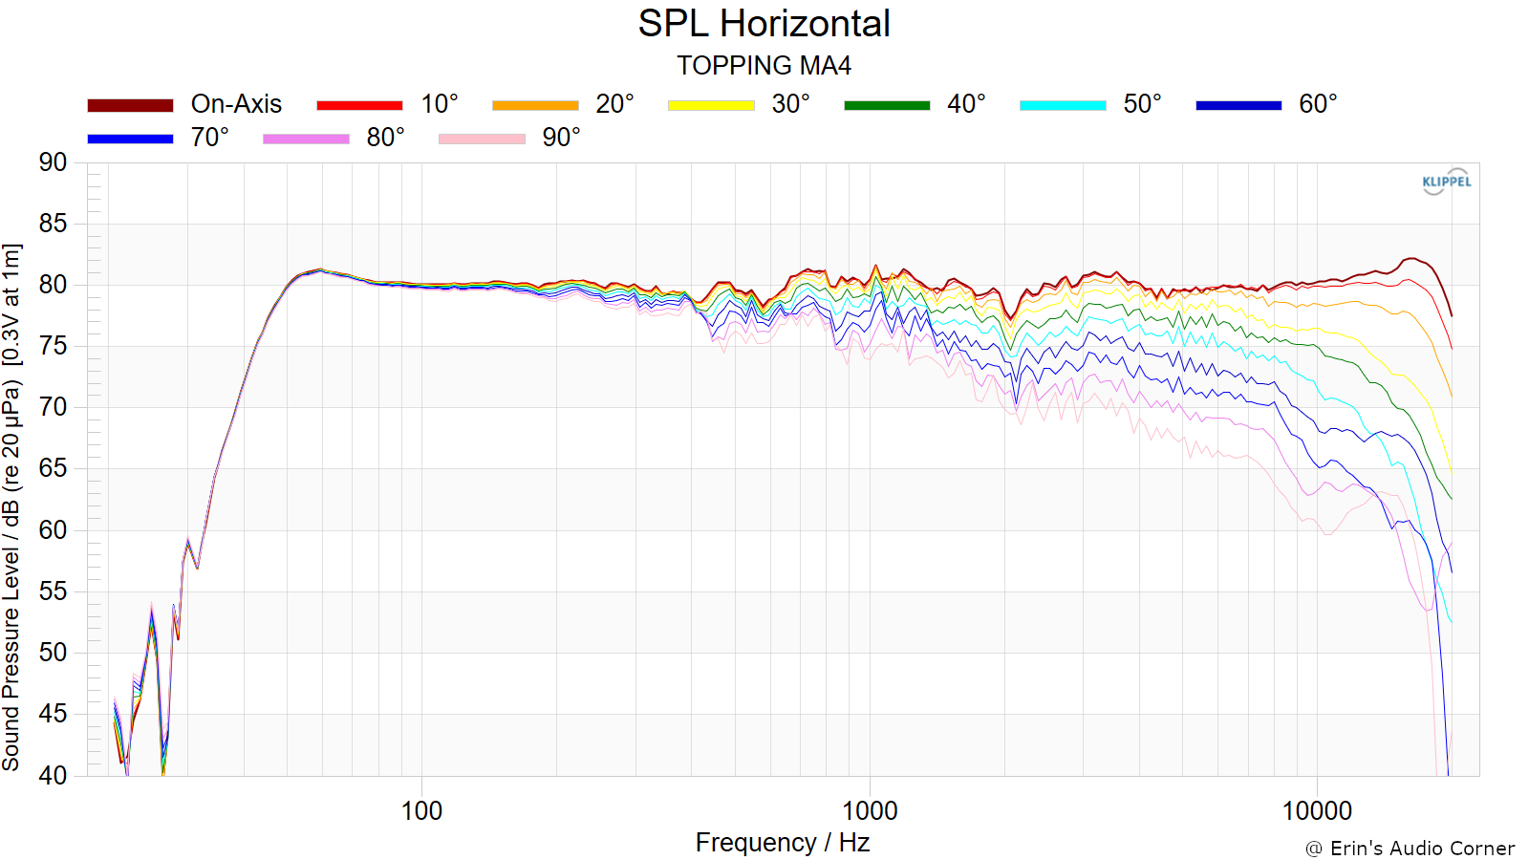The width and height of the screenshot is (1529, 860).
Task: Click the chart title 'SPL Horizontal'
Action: pos(764,25)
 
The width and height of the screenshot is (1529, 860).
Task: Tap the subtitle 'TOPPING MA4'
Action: pos(764,66)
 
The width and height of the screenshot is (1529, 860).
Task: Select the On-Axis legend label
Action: pos(236,104)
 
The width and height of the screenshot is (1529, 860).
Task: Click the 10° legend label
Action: pos(439,104)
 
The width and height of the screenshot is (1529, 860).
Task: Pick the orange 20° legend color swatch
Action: pos(535,105)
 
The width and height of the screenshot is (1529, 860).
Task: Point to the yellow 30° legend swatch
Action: pos(711,105)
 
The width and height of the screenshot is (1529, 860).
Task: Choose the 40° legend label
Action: pos(966,104)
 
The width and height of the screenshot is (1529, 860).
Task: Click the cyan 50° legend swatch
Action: pos(1063,105)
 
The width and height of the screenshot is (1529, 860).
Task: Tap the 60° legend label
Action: pos(1318,104)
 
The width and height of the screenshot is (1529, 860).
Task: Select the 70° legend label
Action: pos(209,138)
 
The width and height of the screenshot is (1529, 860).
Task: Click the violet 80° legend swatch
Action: pos(306,139)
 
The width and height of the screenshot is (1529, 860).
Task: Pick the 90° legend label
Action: pos(561,138)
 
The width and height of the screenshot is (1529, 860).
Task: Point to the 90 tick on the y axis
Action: pos(53,162)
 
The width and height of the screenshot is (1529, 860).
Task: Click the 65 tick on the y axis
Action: pos(53,469)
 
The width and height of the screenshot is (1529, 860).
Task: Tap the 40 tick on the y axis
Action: pos(53,775)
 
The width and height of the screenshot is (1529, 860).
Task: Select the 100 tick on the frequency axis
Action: pos(421,811)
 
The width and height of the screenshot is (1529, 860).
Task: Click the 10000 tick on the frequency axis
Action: pos(1317,811)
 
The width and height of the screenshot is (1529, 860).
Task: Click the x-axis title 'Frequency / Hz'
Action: pos(783,843)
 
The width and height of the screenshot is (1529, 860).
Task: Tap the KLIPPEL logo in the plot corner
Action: pos(1447,182)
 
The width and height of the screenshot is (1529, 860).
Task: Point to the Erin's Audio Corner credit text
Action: pos(1410,849)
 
